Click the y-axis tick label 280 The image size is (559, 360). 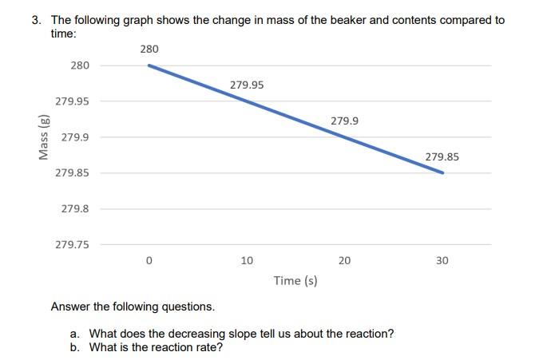(80, 65)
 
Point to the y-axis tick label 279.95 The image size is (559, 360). (72, 101)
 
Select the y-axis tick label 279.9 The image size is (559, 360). (75, 137)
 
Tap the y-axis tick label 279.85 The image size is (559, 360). (72, 173)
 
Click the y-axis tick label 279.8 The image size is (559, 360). (75, 209)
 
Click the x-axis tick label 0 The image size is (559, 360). (149, 261)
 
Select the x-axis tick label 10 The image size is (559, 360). (247, 261)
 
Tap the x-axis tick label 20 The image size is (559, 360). (344, 261)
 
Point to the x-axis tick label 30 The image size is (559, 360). (442, 261)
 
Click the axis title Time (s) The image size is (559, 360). (295, 280)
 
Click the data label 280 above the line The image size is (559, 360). (149, 49)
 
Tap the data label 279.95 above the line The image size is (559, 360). (247, 85)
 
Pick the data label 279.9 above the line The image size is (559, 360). (344, 121)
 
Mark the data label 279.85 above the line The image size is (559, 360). (442, 156)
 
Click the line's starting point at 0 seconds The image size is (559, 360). (149, 65)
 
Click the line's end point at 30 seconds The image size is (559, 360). (442, 172)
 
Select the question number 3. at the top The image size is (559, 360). (37, 20)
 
